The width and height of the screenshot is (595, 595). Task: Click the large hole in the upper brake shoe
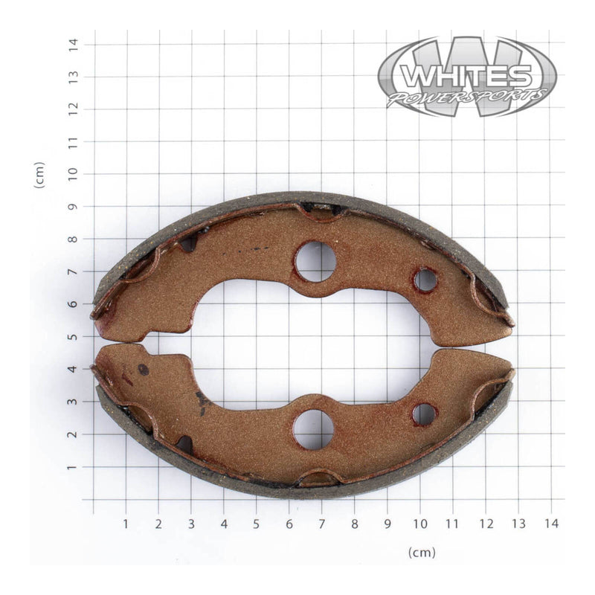pyautogui.click(x=315, y=261)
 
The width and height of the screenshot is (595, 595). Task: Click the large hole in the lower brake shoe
pyautogui.click(x=313, y=429)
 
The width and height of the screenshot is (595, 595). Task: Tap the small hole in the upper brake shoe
pyautogui.click(x=425, y=280)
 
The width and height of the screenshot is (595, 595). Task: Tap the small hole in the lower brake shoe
pyautogui.click(x=424, y=414)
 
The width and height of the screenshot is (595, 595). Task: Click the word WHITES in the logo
pyautogui.click(x=466, y=75)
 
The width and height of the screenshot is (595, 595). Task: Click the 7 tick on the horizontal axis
pyautogui.click(x=321, y=524)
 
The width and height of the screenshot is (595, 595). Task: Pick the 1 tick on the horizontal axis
pyautogui.click(x=125, y=524)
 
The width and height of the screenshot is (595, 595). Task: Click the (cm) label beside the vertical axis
pyautogui.click(x=39, y=175)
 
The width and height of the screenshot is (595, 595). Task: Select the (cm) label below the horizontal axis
pyautogui.click(x=421, y=552)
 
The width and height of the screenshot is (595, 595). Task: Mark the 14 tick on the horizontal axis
pyautogui.click(x=550, y=524)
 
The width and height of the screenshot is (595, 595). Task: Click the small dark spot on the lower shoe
pyautogui.click(x=143, y=369)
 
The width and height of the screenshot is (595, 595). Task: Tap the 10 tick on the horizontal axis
pyautogui.click(x=419, y=524)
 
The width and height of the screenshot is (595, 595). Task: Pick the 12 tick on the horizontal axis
pyautogui.click(x=485, y=524)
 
